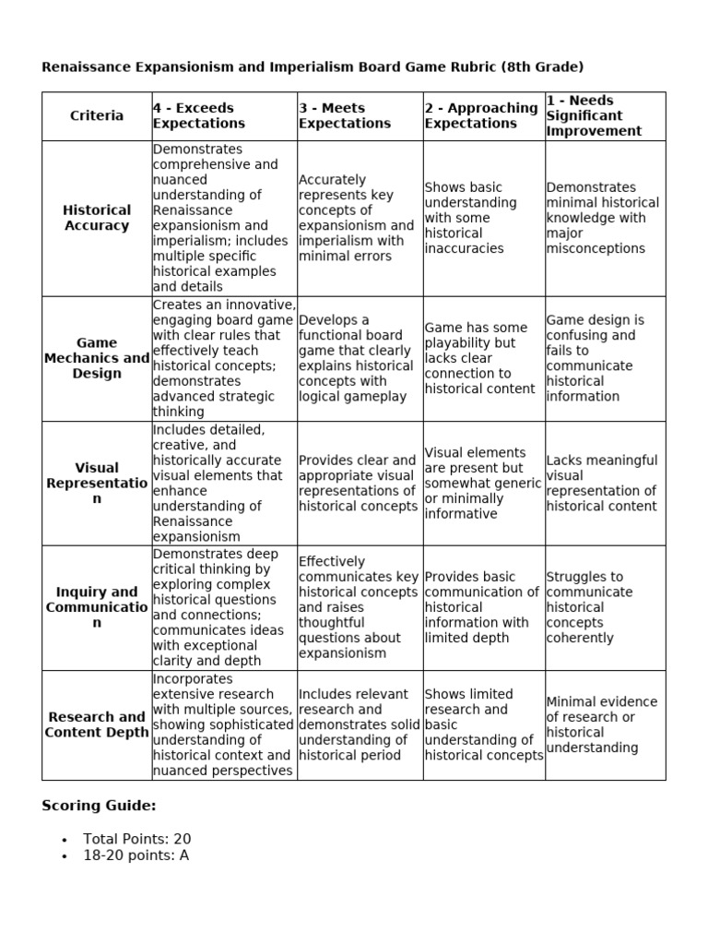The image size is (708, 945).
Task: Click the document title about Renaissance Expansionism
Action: pos(313,66)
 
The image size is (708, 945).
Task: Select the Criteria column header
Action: pos(97,115)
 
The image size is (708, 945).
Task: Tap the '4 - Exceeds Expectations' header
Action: pos(199,115)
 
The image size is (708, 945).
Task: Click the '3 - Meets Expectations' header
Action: pos(345,115)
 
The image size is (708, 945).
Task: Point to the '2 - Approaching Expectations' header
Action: pos(481,115)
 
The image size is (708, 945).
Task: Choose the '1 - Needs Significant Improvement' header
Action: pos(594,115)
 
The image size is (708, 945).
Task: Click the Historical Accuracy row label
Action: pos(97,218)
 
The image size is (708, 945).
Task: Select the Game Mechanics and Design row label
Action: pos(97,358)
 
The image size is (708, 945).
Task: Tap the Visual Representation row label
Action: pos(97,484)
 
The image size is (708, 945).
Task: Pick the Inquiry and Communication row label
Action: pos(97,607)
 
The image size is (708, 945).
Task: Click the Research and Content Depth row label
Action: pos(97,724)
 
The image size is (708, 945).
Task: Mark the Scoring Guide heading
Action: pos(99,806)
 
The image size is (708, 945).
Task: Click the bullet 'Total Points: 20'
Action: pos(136,839)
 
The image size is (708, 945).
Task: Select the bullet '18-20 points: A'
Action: pos(136,855)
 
